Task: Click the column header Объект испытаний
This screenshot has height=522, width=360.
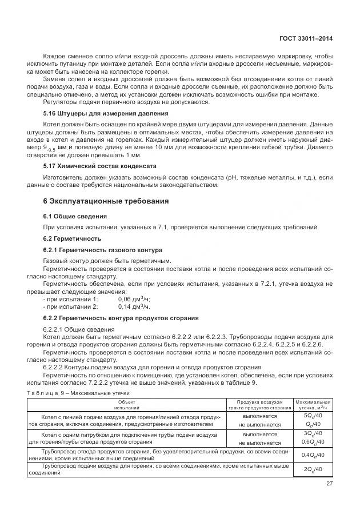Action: pyautogui.click(x=126, y=405)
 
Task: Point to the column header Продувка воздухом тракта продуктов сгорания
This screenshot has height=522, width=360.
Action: pyautogui.click(x=259, y=405)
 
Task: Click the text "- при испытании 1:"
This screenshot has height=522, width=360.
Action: pyautogui.click(x=70, y=299)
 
